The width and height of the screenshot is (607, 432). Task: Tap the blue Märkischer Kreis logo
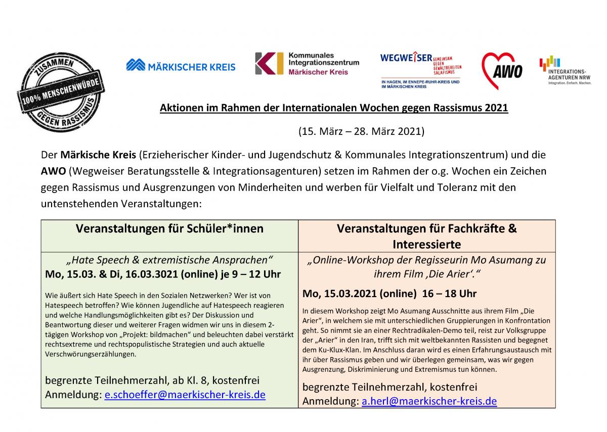tap(181, 65)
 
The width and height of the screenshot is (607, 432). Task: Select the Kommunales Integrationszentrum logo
tap(307, 64)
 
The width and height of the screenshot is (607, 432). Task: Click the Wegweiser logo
tap(421, 70)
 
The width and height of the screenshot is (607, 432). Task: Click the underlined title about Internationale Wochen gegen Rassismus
tap(334, 108)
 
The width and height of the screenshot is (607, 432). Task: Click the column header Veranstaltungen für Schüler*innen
tap(169, 228)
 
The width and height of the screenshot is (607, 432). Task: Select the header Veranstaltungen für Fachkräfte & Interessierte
tap(426, 236)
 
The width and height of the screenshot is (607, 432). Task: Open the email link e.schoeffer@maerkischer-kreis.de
tap(185, 395)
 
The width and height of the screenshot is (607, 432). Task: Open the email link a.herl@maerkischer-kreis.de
tap(429, 401)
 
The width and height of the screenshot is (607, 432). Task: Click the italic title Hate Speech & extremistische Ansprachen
tap(170, 260)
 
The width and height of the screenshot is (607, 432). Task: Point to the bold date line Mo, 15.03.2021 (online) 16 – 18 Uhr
tap(389, 294)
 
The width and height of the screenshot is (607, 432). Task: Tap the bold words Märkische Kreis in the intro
tap(98, 155)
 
